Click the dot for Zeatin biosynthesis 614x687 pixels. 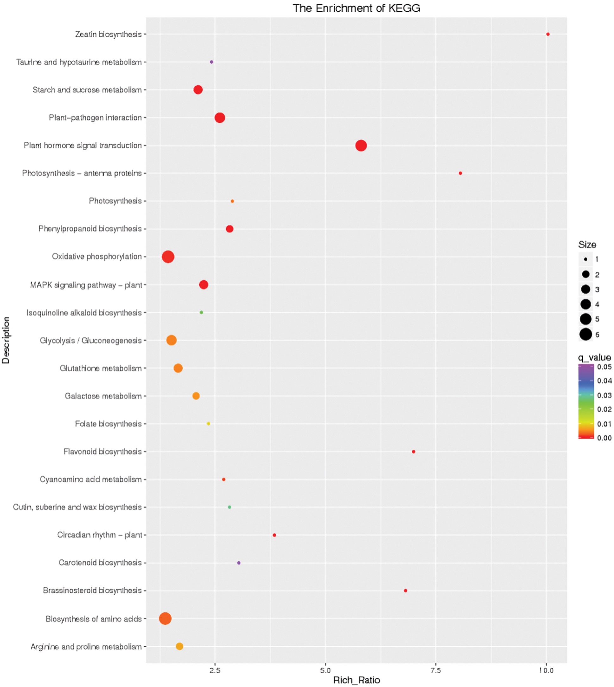click(x=548, y=34)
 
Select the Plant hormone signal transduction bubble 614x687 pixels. click(x=361, y=145)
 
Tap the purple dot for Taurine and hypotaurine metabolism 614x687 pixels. click(x=211, y=62)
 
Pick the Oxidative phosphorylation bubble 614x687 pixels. click(x=168, y=257)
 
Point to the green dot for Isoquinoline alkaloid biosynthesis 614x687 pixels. click(x=201, y=312)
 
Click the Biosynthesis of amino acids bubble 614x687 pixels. click(x=165, y=618)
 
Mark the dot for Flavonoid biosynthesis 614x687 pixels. click(x=413, y=451)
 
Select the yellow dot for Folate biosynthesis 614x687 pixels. click(x=208, y=424)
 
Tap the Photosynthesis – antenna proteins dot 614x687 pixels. click(x=460, y=173)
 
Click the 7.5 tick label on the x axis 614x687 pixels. click(x=435, y=670)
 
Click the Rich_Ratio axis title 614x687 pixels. click(x=357, y=680)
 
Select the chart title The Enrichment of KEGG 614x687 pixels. click(x=356, y=8)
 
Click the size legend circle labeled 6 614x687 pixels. click(x=586, y=334)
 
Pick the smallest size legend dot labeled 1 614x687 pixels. click(x=586, y=259)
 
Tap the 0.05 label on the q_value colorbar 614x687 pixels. click(x=604, y=367)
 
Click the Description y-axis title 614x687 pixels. click(x=6, y=340)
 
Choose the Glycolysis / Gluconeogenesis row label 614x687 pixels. click(x=91, y=340)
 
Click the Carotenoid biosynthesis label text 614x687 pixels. click(x=100, y=563)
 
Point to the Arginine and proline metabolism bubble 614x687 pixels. click(x=179, y=646)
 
